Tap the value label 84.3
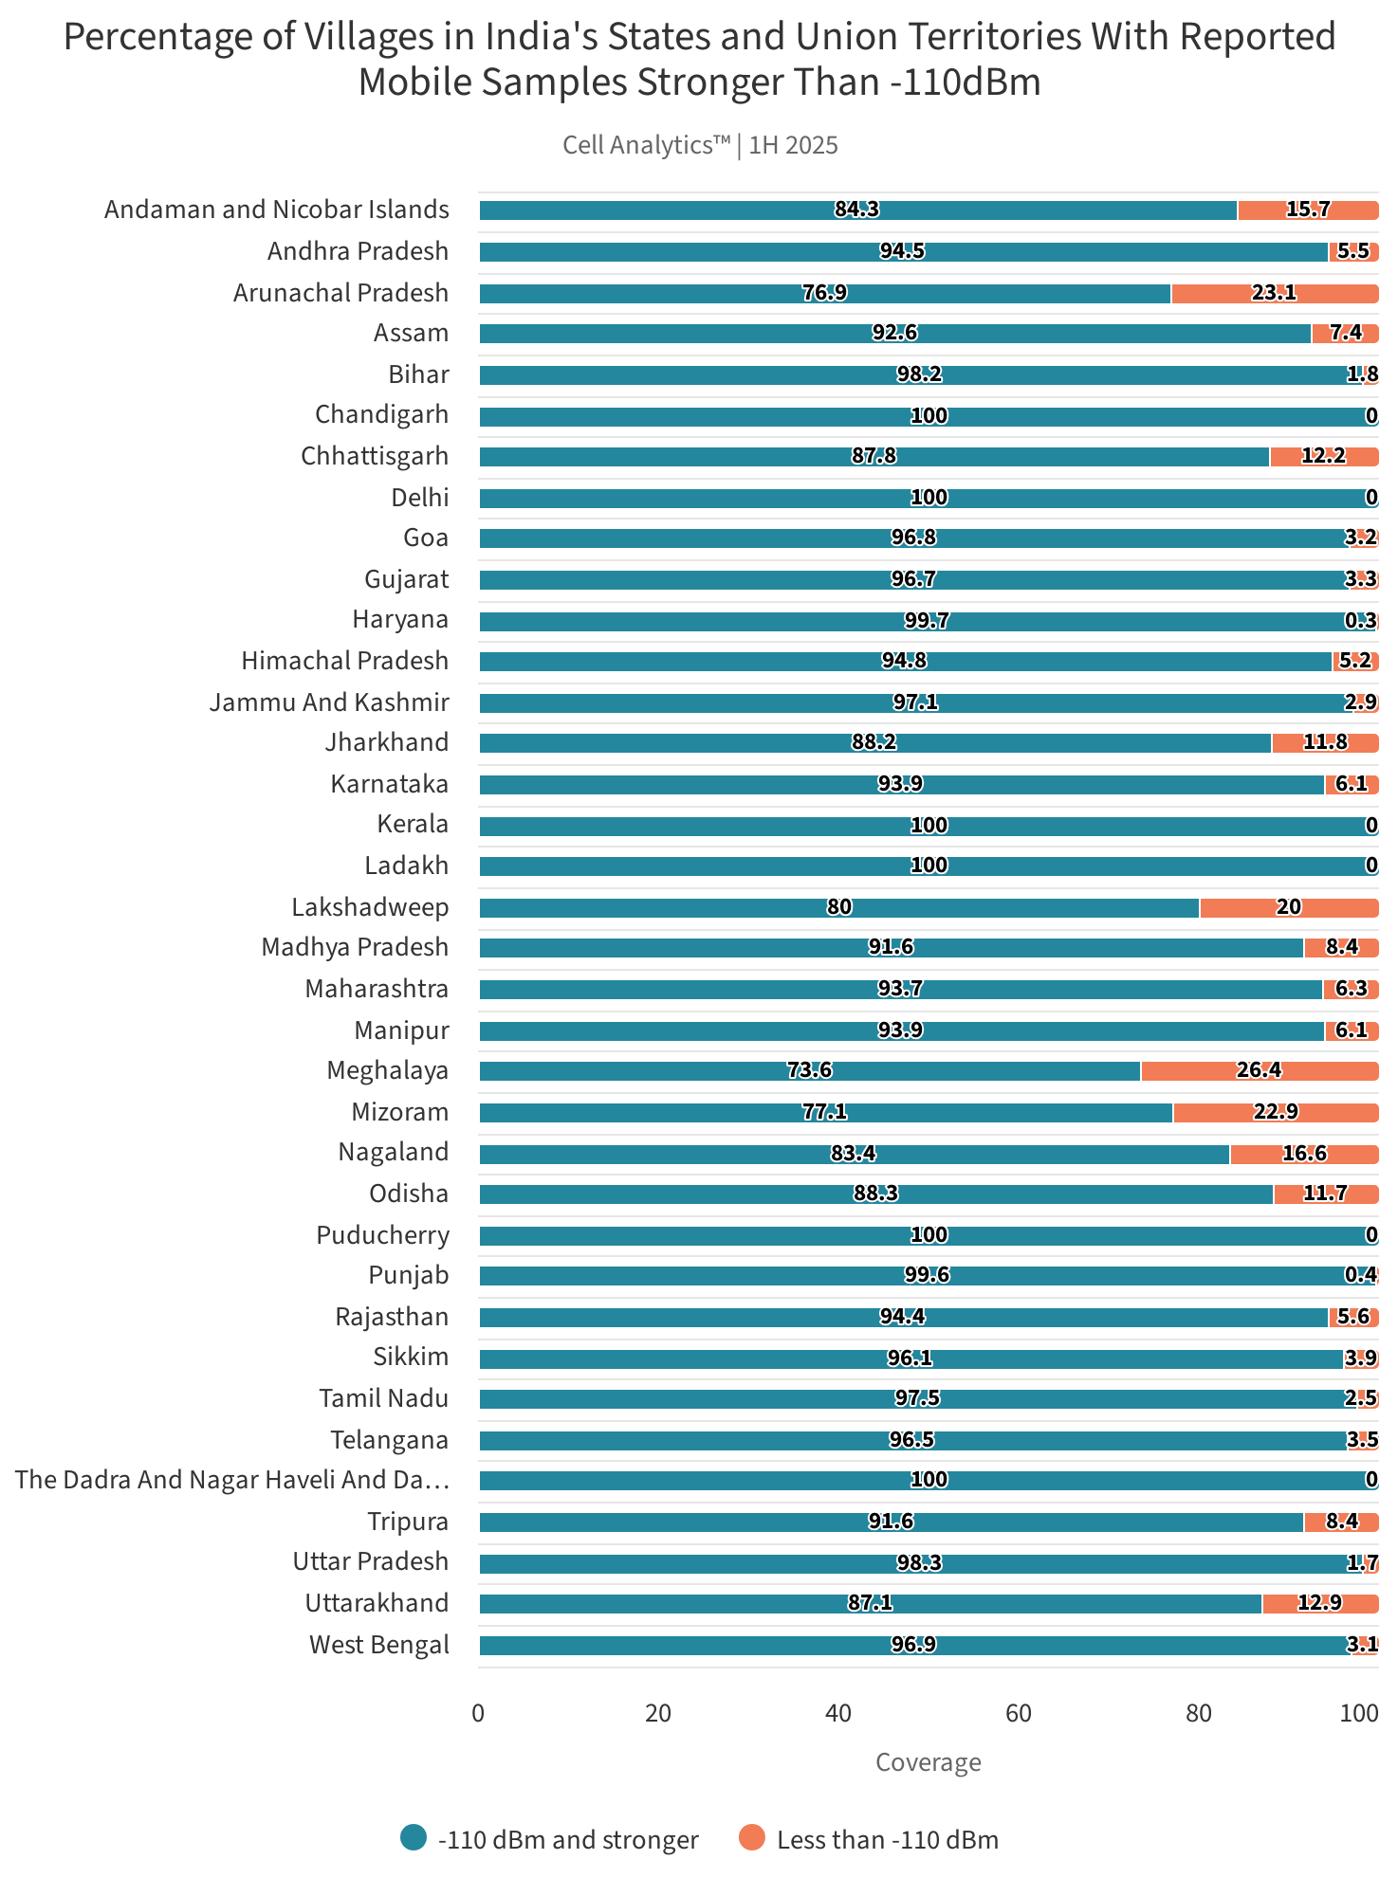[x=856, y=210]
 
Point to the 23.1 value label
[x=1273, y=293]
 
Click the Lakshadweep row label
[x=370, y=907]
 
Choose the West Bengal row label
[x=378, y=1645]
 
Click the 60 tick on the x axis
[x=1019, y=1713]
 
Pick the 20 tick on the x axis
[x=658, y=1713]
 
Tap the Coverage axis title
[x=928, y=1762]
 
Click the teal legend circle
[x=414, y=1838]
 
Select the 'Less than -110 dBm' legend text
[x=887, y=1840]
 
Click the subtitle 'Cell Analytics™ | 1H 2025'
[x=700, y=145]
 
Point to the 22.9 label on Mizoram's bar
[x=1275, y=1112]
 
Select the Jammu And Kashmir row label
[x=329, y=702]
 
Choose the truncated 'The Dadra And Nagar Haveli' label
[x=232, y=1480]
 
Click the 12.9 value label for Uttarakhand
[x=1319, y=1603]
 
